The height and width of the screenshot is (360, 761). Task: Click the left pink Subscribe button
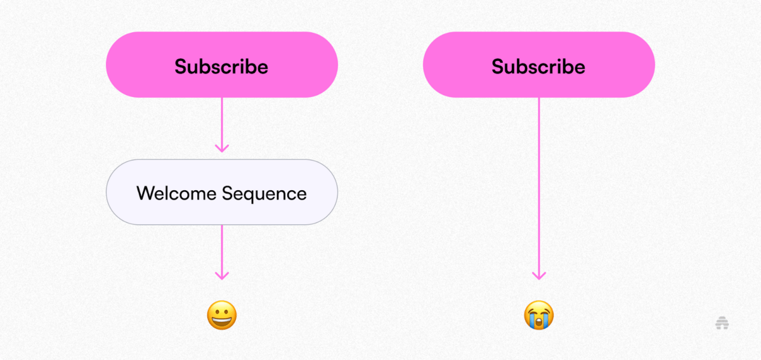pos(222,65)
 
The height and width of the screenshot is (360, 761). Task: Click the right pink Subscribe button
pos(539,65)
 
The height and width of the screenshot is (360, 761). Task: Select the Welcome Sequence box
pos(222,192)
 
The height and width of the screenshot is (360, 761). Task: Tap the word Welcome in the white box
pos(176,193)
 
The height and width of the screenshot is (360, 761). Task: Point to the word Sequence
pos(264,195)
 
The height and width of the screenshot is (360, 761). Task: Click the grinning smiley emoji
pos(222,315)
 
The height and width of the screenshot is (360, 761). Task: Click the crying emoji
pos(539,315)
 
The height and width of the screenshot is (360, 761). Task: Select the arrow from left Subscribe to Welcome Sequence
pos(222,125)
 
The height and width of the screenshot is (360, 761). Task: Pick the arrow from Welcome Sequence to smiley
pos(222,252)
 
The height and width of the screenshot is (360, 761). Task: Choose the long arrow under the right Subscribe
pos(539,189)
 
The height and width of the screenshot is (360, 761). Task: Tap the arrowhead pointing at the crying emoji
pos(539,276)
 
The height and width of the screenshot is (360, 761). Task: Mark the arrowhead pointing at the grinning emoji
pos(222,276)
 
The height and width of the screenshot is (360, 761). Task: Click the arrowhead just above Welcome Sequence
pos(222,148)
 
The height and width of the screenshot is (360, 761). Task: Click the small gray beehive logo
pos(722,323)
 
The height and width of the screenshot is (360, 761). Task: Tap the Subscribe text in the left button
pos(221,66)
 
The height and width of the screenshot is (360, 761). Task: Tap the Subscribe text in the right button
pos(538,66)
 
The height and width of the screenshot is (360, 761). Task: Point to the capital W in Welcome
pos(145,193)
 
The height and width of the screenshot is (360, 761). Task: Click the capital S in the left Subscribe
pos(180,67)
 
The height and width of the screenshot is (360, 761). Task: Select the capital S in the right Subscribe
pos(497,67)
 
